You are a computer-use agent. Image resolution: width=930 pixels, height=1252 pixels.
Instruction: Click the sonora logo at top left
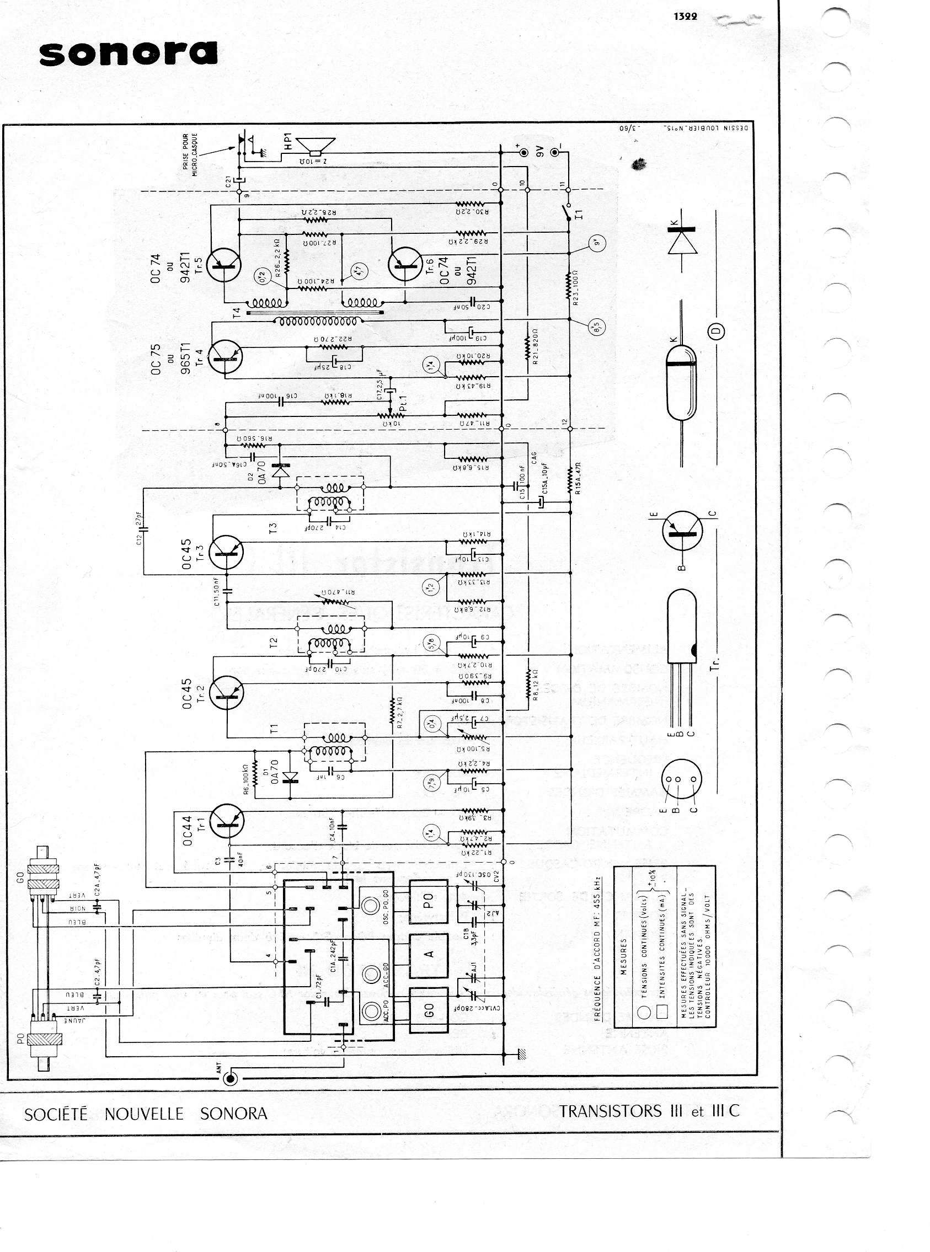click(x=128, y=54)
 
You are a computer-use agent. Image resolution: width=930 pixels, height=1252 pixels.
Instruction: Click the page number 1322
click(x=685, y=17)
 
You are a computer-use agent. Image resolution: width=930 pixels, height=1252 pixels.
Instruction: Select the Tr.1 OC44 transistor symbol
click(x=226, y=821)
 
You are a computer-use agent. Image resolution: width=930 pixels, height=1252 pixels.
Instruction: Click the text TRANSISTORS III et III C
click(x=649, y=1111)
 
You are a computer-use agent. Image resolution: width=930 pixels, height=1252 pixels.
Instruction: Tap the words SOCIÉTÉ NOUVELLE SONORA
click(x=146, y=1114)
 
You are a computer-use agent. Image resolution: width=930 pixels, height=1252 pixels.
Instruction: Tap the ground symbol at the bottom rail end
click(x=521, y=1053)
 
